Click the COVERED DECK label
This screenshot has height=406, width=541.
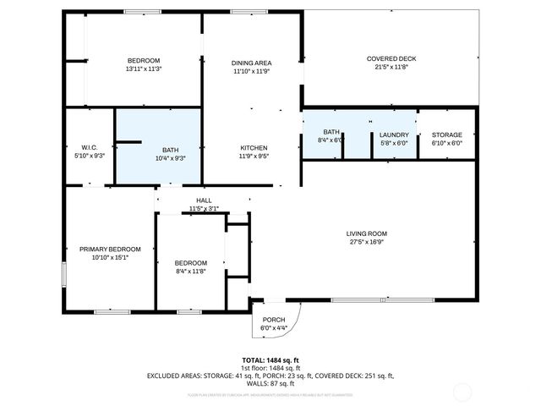(391, 58)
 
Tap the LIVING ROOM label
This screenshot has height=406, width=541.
(366, 233)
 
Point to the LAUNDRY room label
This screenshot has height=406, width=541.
(394, 134)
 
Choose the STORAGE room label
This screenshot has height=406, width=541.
(446, 134)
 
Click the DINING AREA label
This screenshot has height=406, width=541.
(252, 63)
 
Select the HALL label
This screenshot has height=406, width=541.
(204, 200)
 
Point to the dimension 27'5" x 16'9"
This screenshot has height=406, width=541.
(366, 242)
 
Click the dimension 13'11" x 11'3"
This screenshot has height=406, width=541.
(144, 69)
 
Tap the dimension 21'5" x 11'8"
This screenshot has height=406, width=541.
(391, 67)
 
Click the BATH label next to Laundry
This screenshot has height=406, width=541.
(331, 132)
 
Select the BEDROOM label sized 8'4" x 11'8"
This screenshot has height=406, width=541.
(190, 262)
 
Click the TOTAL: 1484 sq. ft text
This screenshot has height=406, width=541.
(270, 359)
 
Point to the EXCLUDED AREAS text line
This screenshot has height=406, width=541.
(270, 375)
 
